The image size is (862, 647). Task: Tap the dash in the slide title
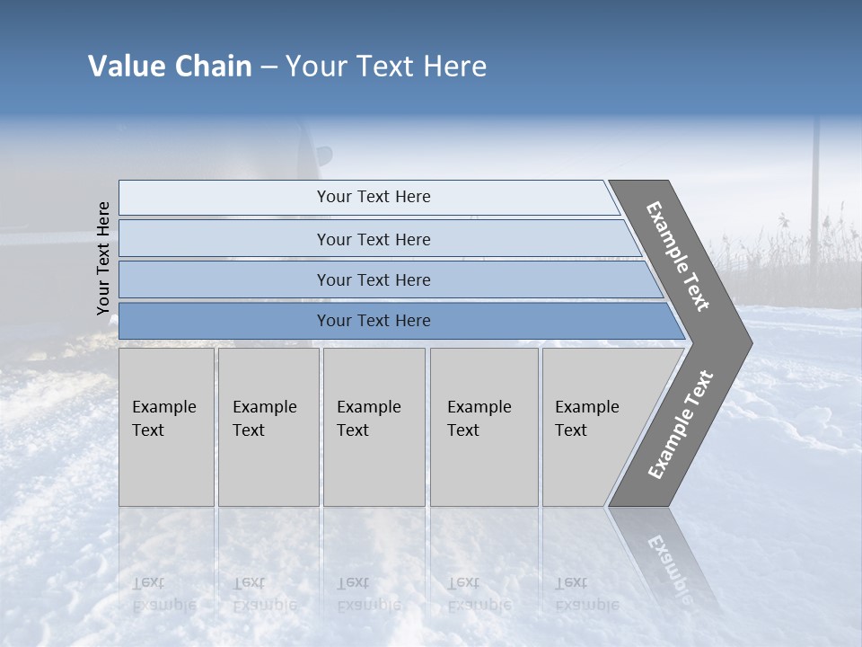click(268, 67)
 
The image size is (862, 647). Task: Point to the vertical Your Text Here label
click(103, 258)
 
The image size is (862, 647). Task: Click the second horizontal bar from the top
click(373, 239)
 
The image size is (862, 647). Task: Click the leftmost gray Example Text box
click(166, 427)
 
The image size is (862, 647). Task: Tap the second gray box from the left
click(268, 427)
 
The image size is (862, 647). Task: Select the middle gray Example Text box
click(374, 427)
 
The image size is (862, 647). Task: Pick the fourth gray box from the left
click(484, 427)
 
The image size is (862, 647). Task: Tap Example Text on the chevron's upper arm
click(678, 256)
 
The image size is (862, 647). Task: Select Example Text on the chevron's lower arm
click(680, 425)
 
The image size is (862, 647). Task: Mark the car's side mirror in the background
click(323, 155)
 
